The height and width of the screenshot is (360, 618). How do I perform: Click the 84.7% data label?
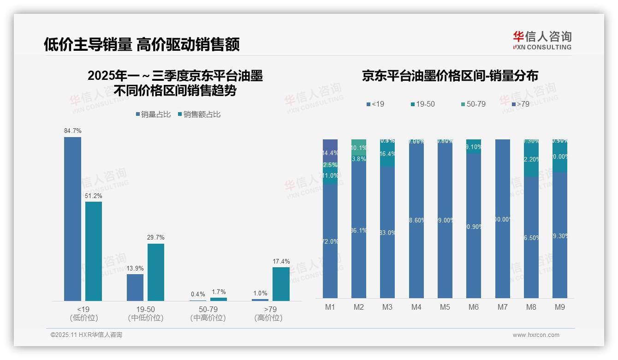[x=73, y=131]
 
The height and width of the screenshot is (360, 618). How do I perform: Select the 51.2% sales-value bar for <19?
[x=94, y=251]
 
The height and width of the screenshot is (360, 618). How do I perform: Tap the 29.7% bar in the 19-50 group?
[x=156, y=272]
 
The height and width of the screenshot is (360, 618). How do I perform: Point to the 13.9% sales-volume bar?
[x=135, y=288]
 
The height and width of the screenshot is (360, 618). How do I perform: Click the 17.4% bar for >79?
[x=281, y=284]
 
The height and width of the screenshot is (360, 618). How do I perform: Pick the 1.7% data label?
[x=218, y=292]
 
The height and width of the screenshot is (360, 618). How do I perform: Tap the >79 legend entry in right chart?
[x=520, y=104]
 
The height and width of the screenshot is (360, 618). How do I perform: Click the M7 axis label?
[x=502, y=307]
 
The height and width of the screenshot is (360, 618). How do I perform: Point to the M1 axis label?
[x=330, y=307]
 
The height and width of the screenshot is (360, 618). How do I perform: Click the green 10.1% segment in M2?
[x=359, y=147]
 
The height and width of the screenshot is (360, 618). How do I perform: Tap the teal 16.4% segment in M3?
[x=387, y=154]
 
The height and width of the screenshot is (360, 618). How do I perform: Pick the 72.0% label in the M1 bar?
[x=330, y=241]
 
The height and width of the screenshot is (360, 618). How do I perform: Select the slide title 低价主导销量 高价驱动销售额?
[x=142, y=44]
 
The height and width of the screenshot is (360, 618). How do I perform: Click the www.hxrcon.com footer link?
[x=536, y=335]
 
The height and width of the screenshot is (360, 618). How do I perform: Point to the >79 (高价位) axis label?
[x=268, y=313]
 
